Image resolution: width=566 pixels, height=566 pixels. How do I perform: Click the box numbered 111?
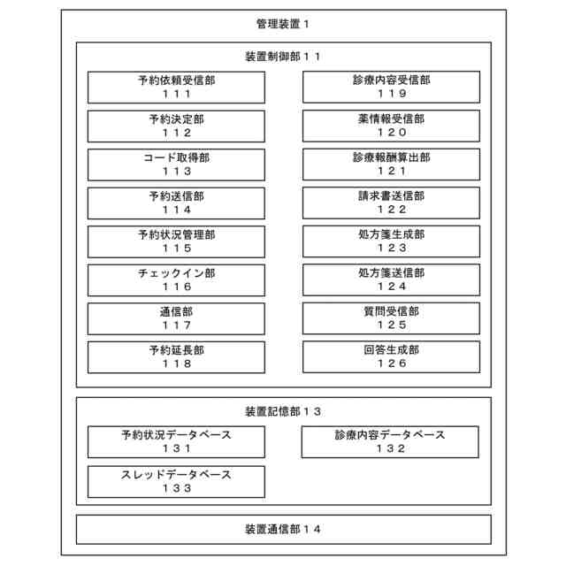coord(176,87)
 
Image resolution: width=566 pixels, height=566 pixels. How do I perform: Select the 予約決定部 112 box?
coord(176,126)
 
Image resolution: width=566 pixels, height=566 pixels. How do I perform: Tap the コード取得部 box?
coord(176,164)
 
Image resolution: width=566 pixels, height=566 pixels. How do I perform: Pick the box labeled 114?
coord(176,203)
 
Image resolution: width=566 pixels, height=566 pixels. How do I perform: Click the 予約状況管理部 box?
coord(176,241)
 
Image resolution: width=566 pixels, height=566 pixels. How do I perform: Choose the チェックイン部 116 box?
coord(176,280)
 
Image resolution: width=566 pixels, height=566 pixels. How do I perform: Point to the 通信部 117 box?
coord(176,318)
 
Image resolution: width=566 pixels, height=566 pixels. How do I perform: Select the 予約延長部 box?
coord(176,356)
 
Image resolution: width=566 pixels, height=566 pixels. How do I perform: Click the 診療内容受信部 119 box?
coord(391,87)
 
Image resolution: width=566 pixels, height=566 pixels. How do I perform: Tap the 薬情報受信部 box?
coord(391,126)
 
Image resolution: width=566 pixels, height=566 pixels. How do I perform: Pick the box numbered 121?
coord(391,164)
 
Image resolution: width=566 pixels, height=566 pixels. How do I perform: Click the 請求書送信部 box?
coord(391,203)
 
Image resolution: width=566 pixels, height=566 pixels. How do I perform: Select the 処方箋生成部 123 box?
coord(391,241)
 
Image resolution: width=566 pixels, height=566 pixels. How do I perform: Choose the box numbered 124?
coord(391,279)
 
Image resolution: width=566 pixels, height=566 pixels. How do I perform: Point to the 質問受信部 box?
coord(391,318)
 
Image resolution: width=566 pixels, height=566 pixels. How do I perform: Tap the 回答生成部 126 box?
coord(391,356)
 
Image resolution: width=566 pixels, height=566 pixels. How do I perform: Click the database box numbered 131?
coord(176,441)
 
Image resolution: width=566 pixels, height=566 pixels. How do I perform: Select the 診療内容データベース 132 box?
coord(390,441)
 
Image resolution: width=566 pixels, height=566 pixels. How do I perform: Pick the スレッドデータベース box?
coord(176,481)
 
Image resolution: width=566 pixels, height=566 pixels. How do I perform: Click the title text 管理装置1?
coord(282,25)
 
